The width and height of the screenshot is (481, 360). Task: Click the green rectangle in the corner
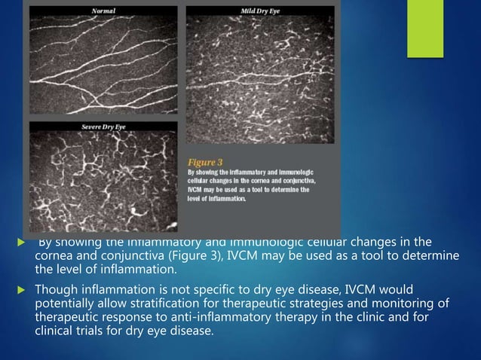(425, 28)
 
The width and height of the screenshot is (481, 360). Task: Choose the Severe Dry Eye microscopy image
(104, 181)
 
